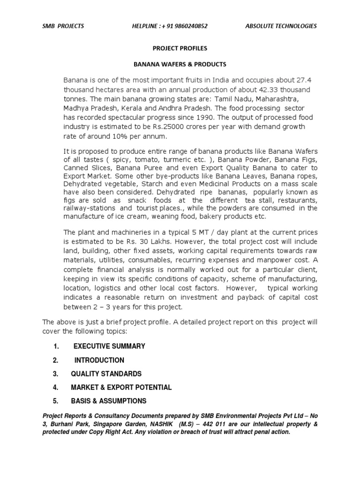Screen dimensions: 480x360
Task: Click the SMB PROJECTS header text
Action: [63, 26]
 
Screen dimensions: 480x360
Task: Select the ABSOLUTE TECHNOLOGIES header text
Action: [281, 26]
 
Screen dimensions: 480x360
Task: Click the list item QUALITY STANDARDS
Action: [106, 374]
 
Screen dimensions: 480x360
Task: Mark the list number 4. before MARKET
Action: [55, 387]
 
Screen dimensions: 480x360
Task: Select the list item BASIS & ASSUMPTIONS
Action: [108, 401]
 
